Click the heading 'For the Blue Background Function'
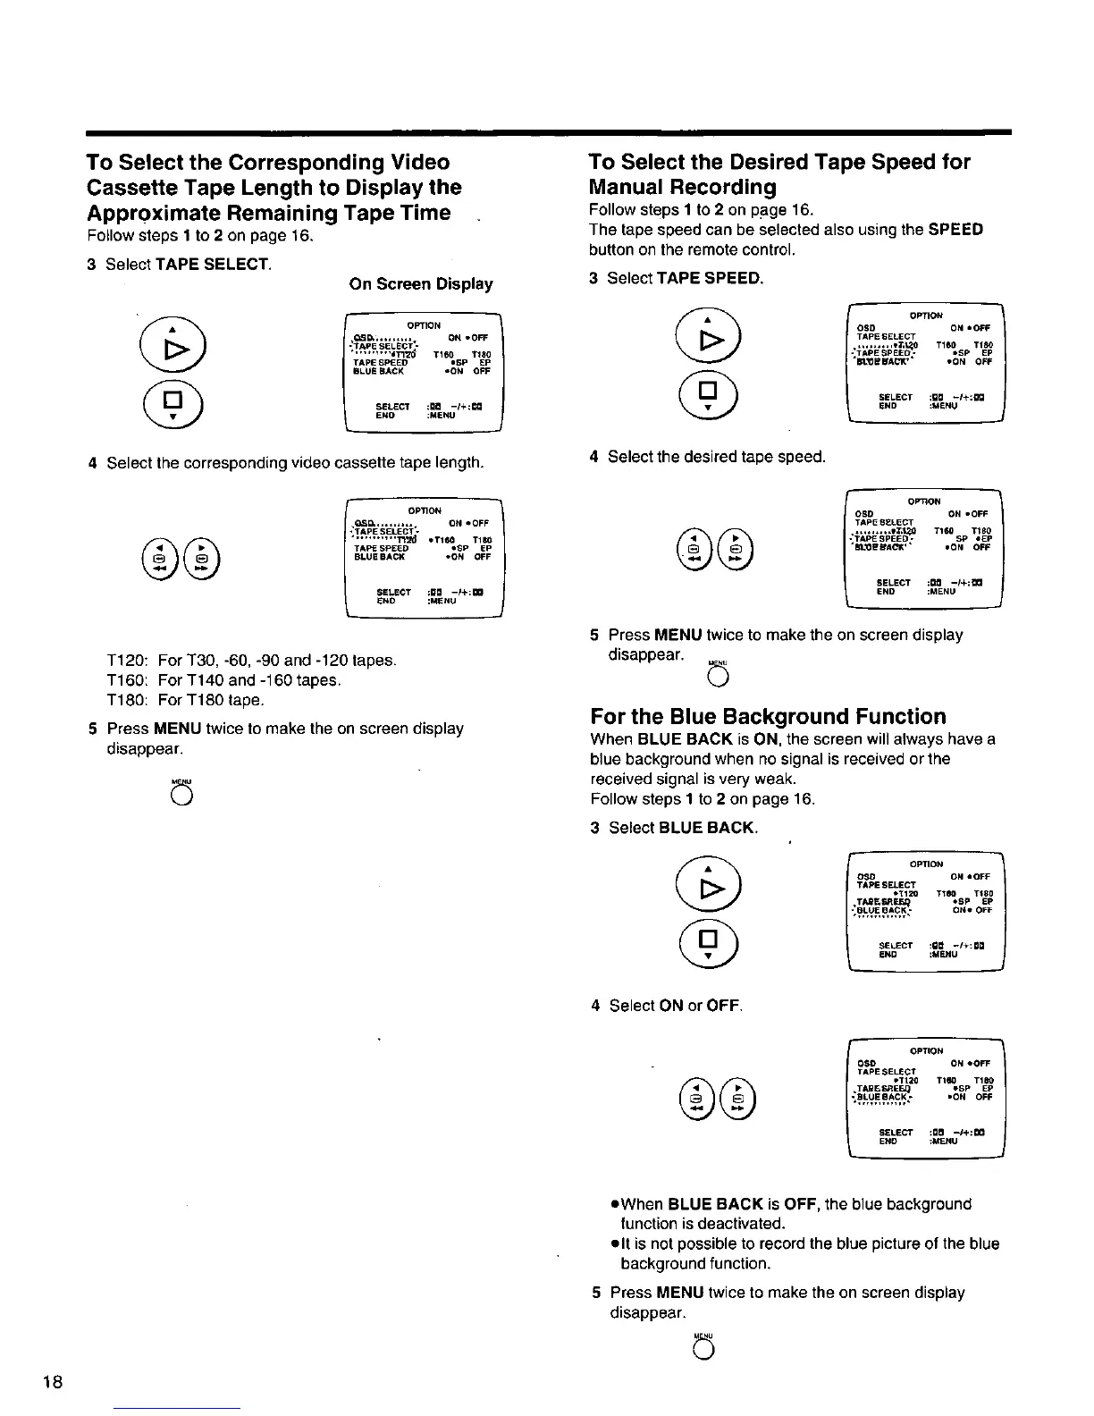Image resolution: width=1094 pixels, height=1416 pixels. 768,717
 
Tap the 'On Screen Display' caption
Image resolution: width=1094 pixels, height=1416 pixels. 421,284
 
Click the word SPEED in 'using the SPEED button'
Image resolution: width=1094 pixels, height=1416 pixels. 955,230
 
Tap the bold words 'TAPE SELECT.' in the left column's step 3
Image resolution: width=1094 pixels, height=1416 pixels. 213,265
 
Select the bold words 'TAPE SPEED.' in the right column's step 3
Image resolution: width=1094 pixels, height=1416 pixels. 710,278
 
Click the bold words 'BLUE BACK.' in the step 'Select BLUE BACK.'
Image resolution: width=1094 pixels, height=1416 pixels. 707,828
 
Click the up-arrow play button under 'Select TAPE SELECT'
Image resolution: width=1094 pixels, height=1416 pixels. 171,345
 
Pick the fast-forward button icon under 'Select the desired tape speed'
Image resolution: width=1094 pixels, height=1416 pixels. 738,552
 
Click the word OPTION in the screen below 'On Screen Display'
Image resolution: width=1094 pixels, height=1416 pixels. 423,325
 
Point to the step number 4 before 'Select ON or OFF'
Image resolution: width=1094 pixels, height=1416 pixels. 595,1006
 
